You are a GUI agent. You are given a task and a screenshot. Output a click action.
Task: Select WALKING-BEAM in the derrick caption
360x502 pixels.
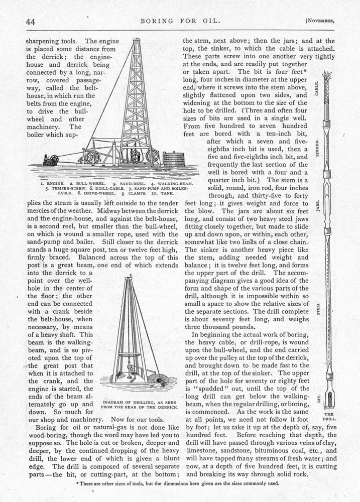[x=163, y=184]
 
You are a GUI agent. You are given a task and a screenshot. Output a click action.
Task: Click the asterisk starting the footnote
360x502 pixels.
[x=76, y=483]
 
